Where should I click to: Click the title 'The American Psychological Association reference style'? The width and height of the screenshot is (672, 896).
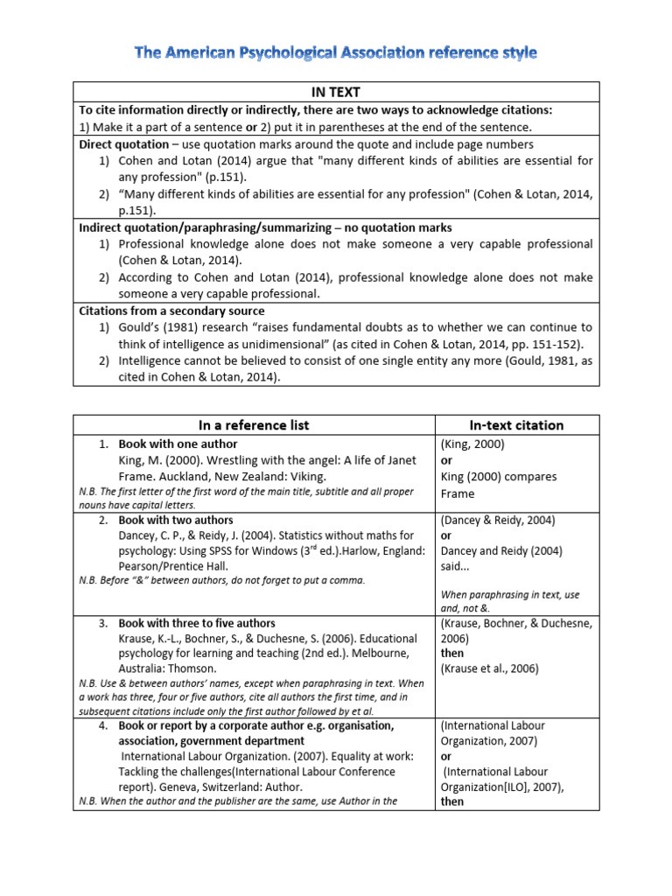click(336, 53)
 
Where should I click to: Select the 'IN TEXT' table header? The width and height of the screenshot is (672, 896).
click(336, 92)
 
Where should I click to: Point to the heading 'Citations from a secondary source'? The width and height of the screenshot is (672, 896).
click(171, 311)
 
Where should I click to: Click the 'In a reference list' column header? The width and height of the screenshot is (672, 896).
click(254, 425)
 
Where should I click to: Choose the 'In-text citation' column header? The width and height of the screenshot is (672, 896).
click(516, 425)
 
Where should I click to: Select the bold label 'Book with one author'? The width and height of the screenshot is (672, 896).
click(178, 444)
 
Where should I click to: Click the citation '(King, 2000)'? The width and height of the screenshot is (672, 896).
click(473, 444)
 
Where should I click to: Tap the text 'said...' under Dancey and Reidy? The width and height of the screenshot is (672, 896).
click(457, 567)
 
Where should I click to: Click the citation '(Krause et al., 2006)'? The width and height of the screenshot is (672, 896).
click(490, 668)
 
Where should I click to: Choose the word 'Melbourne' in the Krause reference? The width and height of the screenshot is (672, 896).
click(383, 652)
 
